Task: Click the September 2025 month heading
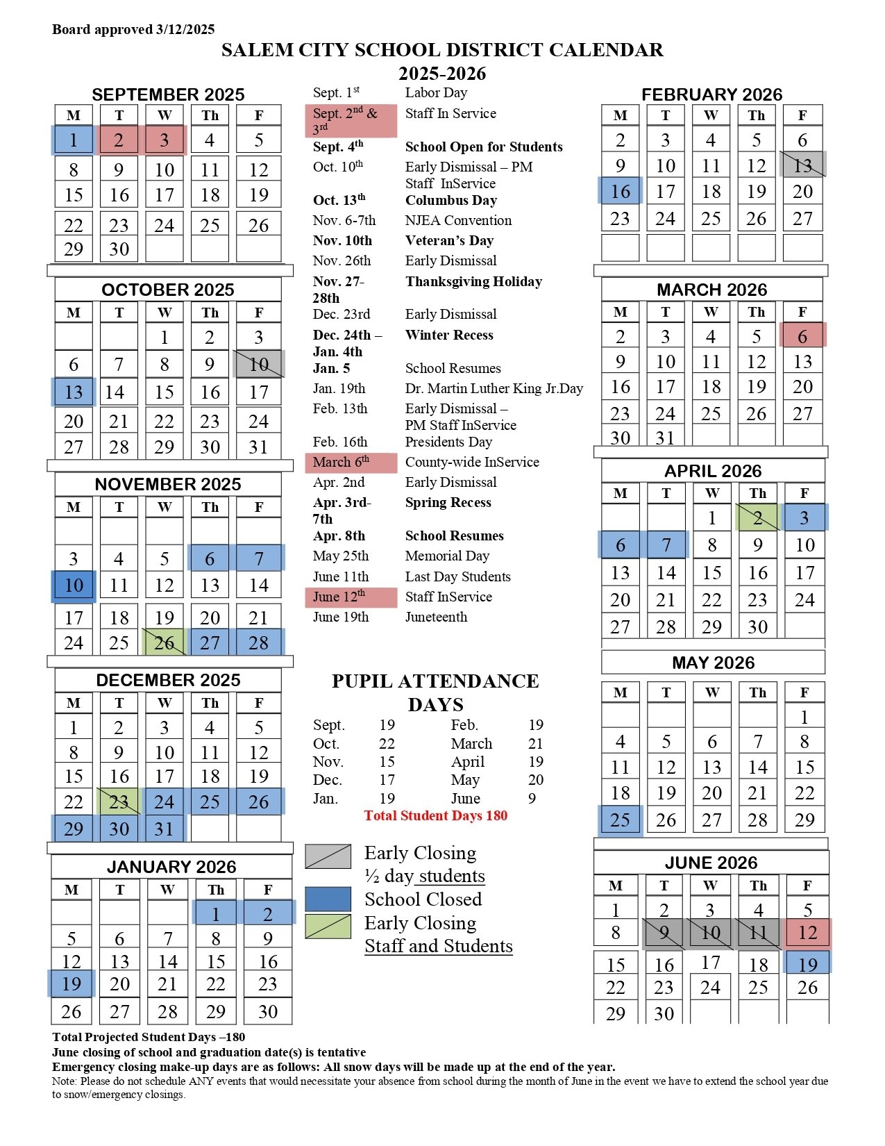coord(168,94)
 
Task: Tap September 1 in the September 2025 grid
coord(74,140)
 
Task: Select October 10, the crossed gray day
coord(258,364)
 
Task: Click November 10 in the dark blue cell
coord(74,586)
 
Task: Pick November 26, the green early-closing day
coord(165,643)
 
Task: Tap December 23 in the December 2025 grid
coord(119,802)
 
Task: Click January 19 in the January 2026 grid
coord(71,984)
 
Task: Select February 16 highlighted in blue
coord(620,191)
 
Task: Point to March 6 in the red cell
coord(802,336)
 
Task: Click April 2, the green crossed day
coord(757,518)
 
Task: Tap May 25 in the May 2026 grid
coord(620,820)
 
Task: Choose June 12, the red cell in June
coord(807,933)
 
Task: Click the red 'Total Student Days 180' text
coord(435,815)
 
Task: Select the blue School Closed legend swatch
coord(328,899)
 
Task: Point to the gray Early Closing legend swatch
coord(328,856)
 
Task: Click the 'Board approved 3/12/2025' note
coord(133,29)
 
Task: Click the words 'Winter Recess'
coord(449,335)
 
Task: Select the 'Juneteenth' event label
coord(436,617)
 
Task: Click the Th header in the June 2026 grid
coord(758,886)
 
